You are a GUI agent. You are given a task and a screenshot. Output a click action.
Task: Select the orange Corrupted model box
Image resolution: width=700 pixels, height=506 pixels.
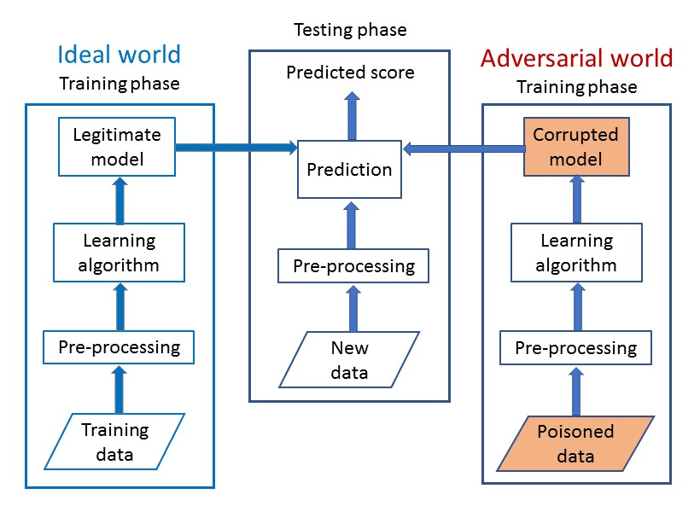575,147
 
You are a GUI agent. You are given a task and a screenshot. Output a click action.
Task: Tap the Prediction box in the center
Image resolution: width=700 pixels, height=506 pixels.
349,169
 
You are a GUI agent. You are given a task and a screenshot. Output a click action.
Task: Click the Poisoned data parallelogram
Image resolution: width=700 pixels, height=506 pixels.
575,443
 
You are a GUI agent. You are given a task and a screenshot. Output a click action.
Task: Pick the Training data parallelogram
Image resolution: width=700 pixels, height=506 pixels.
114,441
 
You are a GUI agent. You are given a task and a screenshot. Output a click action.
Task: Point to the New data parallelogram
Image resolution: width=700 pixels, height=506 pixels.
349,359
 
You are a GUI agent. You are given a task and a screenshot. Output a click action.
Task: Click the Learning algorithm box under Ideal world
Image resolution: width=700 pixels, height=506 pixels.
119,252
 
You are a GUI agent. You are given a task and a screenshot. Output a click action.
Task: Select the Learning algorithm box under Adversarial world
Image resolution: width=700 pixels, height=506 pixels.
575,253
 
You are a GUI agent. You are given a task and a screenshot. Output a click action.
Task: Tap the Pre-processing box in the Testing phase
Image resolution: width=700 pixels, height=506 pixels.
353,266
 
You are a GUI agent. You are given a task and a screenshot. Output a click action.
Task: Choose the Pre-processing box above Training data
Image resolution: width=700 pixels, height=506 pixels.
120,347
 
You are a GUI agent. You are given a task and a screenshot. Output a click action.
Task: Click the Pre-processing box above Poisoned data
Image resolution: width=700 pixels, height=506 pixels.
575,348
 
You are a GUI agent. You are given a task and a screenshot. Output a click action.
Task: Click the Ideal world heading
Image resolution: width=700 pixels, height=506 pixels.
119,55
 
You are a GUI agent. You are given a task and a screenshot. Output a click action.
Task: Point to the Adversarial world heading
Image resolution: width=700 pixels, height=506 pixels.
576,58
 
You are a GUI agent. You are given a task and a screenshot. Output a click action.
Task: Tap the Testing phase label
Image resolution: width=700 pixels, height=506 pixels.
350,31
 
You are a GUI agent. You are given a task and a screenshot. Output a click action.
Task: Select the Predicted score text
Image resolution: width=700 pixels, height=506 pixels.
350,73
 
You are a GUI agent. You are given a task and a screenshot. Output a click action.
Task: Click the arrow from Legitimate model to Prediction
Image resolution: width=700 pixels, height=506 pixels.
235,148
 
